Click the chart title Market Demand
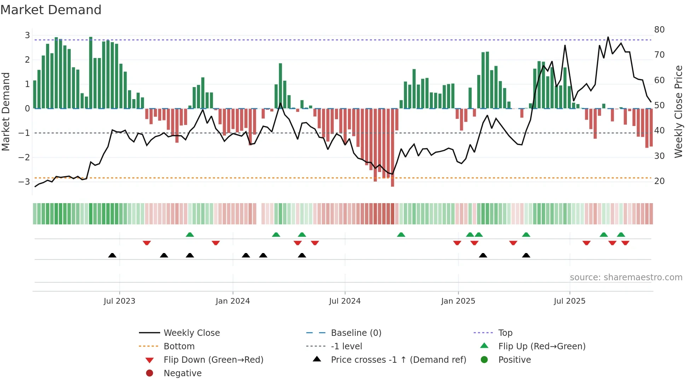click(x=51, y=10)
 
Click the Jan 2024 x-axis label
click(x=233, y=301)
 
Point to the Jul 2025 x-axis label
click(x=570, y=301)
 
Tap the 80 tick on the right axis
click(x=659, y=30)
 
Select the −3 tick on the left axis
click(x=24, y=182)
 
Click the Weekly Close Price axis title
click(x=678, y=111)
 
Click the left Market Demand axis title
click(x=6, y=111)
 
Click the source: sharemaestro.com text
click(x=626, y=277)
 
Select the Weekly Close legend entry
click(x=191, y=333)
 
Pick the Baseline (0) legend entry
click(x=356, y=333)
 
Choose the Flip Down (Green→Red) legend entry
click(x=213, y=360)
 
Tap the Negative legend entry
click(x=182, y=373)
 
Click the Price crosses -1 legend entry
click(x=398, y=360)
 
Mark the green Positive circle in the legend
click(x=484, y=360)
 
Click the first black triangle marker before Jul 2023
click(x=112, y=256)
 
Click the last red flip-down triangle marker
click(x=625, y=243)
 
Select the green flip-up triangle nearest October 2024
click(x=401, y=235)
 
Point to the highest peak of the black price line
click(x=608, y=37)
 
